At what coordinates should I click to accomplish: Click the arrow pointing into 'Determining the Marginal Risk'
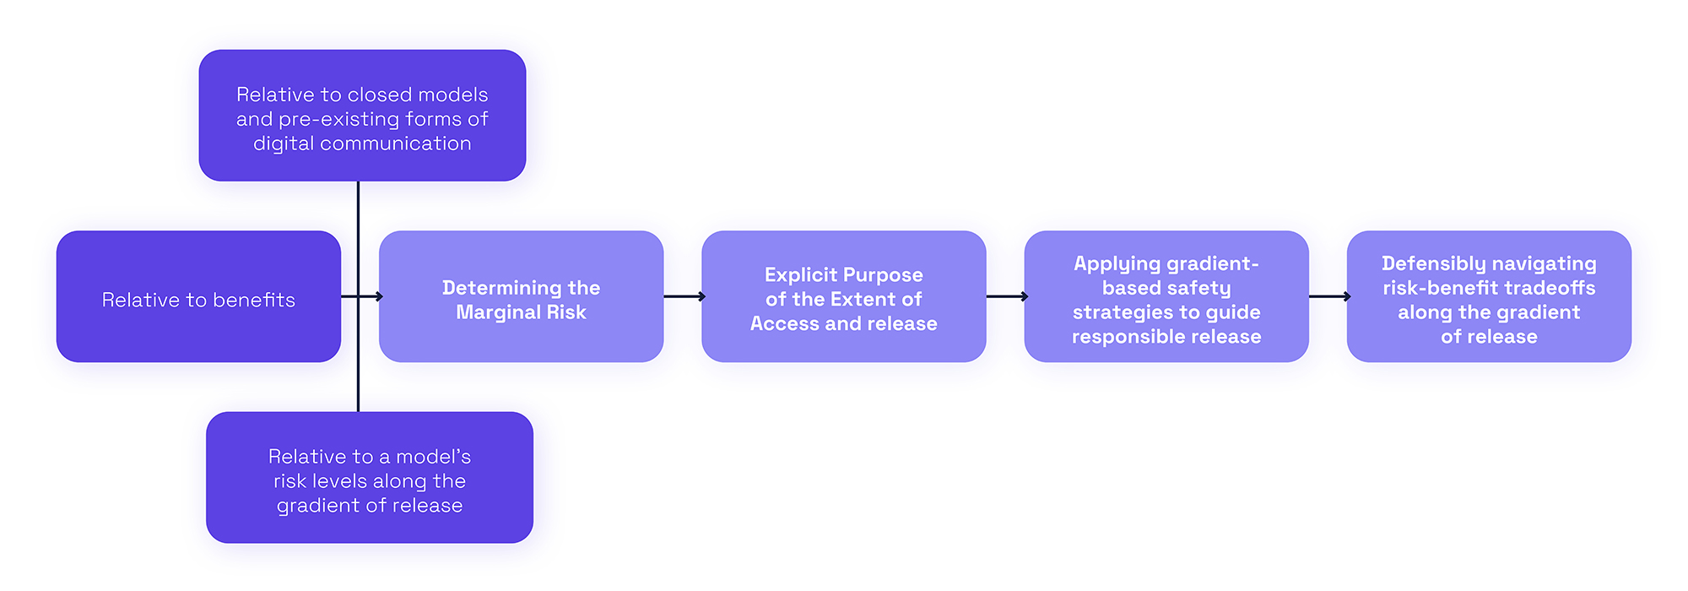[x=371, y=296]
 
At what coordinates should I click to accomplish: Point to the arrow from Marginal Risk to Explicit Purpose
[x=683, y=296]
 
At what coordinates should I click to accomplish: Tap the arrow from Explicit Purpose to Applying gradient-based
[x=1005, y=296]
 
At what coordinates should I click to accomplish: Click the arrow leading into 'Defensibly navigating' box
[x=1328, y=296]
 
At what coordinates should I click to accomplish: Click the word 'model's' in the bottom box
[x=433, y=457]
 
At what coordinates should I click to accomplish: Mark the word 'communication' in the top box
[x=408, y=144]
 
